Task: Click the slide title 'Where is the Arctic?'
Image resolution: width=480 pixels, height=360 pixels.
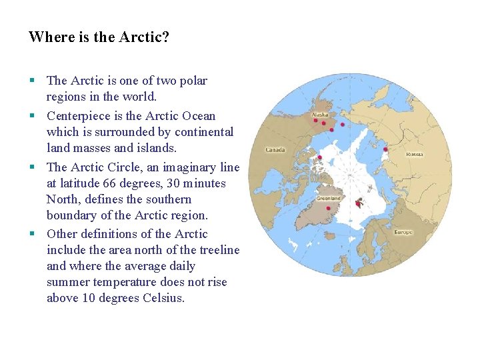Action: coord(99,37)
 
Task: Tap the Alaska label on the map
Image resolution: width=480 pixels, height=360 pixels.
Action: coord(320,113)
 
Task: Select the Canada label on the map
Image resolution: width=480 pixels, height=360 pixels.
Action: coord(275,149)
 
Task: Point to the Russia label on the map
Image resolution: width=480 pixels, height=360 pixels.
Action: coord(415,154)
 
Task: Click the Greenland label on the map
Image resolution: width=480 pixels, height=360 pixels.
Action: coord(328,198)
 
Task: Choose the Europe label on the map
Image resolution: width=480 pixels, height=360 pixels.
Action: coord(403,232)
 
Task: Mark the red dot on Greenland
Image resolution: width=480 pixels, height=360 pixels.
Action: coord(328,208)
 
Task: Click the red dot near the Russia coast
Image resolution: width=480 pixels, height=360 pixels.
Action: coord(385,149)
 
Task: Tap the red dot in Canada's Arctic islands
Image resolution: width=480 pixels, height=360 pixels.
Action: coord(320,158)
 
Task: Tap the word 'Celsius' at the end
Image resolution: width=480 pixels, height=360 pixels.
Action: coord(163,298)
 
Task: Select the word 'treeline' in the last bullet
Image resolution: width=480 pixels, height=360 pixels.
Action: coord(219,250)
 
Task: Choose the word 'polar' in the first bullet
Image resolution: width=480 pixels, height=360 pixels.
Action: coord(192,81)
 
